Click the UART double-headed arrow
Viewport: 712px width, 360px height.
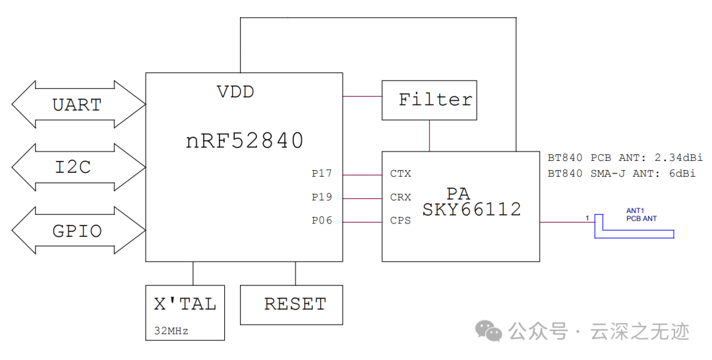pyautogui.click(x=78, y=104)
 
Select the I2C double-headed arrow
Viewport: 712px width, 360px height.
pyautogui.click(x=78, y=167)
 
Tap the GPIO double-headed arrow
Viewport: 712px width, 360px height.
pyautogui.click(x=78, y=231)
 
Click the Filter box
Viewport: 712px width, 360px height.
pyautogui.click(x=429, y=100)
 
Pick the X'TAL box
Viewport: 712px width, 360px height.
pyautogui.click(x=185, y=312)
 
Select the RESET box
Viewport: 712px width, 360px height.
pyautogui.click(x=291, y=305)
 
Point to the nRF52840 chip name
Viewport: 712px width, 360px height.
pyautogui.click(x=245, y=140)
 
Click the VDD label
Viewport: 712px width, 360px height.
pyautogui.click(x=235, y=92)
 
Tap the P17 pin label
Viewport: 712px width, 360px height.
pyautogui.click(x=322, y=174)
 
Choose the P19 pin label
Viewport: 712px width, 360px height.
pyautogui.click(x=322, y=197)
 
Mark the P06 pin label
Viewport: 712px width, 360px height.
pyautogui.click(x=322, y=221)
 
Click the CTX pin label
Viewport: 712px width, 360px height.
pyautogui.click(x=400, y=174)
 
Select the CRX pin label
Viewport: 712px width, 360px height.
pyautogui.click(x=400, y=197)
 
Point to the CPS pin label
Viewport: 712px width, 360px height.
pyautogui.click(x=400, y=221)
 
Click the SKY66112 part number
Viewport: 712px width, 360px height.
pyautogui.click(x=471, y=210)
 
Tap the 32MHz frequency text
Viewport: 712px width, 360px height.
pyautogui.click(x=171, y=331)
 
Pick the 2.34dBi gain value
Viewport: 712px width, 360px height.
pyautogui.click(x=678, y=158)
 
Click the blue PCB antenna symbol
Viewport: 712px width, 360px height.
pyautogui.click(x=634, y=231)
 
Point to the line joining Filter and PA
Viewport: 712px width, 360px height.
pyautogui.click(x=430, y=136)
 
